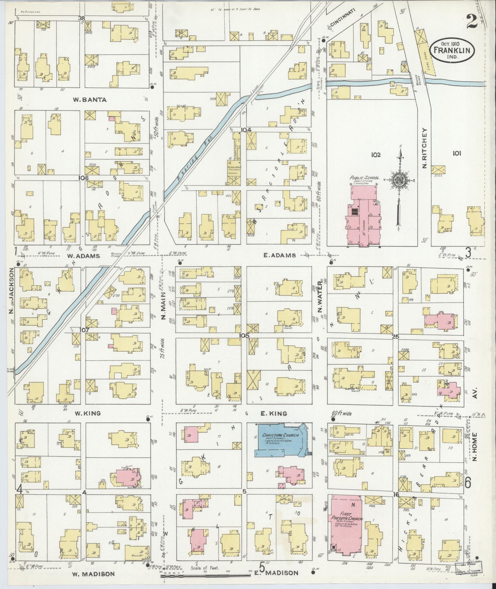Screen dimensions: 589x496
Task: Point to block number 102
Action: click(375, 155)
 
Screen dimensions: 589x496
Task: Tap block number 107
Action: click(84, 330)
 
